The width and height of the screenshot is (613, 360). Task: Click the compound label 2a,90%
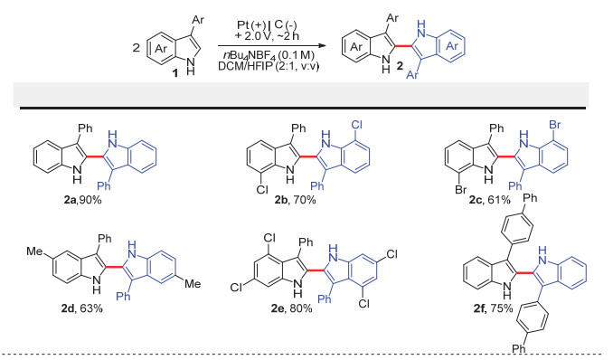(82, 200)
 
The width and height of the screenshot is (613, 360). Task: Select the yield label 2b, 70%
(295, 200)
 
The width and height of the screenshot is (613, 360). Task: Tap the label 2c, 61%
(490, 200)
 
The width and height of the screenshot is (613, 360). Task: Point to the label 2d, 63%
(81, 308)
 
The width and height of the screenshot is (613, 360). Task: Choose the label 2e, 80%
(292, 308)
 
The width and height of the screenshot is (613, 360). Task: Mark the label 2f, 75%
(493, 308)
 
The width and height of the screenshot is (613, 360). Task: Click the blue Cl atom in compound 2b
(357, 125)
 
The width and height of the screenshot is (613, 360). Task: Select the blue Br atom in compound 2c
(555, 125)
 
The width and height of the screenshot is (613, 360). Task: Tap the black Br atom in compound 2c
(461, 190)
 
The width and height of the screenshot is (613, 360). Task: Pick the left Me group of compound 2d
(34, 251)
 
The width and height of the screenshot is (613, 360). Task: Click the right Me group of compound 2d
(193, 284)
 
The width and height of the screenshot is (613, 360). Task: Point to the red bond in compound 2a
(94, 156)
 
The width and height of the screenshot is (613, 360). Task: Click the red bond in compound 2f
(523, 271)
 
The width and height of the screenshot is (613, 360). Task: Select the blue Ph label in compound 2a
(104, 185)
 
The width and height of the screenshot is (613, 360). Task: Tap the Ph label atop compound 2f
(530, 198)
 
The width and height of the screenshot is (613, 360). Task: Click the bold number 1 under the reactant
(175, 73)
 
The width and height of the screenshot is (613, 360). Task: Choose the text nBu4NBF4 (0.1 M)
(266, 56)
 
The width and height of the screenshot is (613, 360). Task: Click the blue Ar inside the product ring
(452, 46)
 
